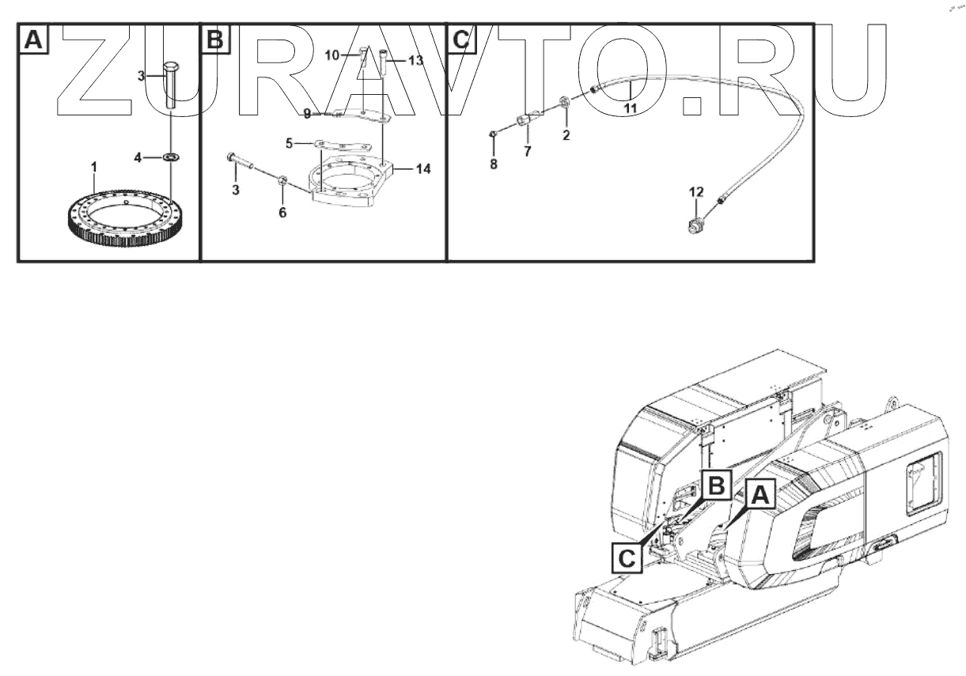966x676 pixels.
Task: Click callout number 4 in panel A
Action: click(138, 158)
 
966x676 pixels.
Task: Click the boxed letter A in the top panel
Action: click(32, 38)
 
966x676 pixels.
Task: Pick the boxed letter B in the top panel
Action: click(215, 38)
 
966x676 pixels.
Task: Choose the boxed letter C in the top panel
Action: click(460, 38)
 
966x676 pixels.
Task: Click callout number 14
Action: click(423, 168)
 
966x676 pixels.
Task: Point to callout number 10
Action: click(332, 55)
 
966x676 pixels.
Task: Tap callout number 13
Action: click(416, 60)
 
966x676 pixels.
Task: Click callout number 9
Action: click(308, 114)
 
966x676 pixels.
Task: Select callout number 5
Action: click(290, 144)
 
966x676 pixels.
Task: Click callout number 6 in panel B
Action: click(282, 213)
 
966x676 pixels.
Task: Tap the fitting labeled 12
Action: click(695, 225)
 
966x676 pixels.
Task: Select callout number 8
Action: click(494, 165)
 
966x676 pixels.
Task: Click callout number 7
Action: click(527, 150)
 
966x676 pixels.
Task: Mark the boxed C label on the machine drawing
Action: click(626, 558)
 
